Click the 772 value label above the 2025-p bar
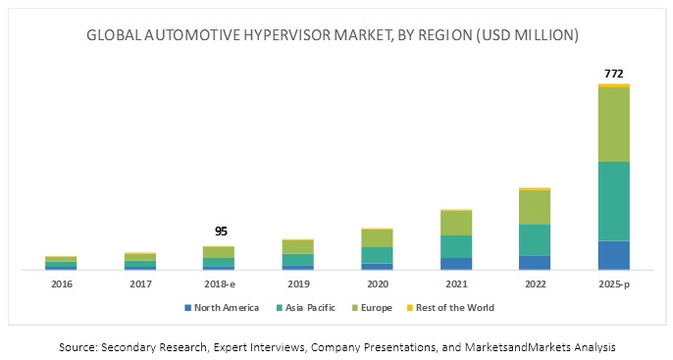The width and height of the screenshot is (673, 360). point(613,73)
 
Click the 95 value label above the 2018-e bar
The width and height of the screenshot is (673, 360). point(221,231)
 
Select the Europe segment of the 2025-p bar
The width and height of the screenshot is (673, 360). point(613,125)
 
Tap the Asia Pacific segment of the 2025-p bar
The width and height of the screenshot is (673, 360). point(613,201)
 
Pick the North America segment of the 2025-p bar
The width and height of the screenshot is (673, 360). point(613,255)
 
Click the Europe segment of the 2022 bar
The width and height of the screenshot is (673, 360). point(535,207)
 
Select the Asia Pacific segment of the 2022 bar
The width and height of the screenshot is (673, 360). point(535,239)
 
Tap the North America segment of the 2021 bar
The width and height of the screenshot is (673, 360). point(456,263)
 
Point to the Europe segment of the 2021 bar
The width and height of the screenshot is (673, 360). point(456,223)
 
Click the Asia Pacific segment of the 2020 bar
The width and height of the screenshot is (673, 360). point(377,255)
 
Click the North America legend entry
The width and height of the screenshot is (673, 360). point(227,307)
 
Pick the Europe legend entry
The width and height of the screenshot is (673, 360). point(375,307)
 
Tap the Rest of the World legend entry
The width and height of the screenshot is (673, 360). point(453,307)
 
